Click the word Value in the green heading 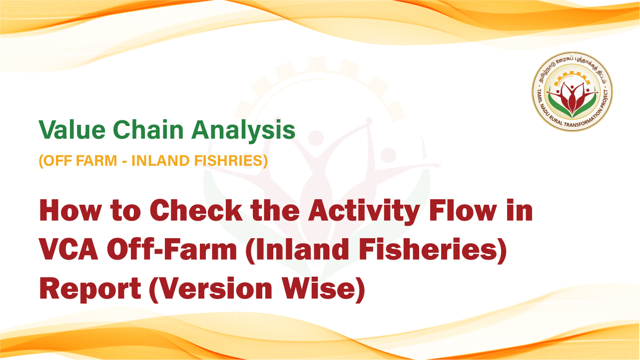(x=72, y=130)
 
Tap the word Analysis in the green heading (x=243, y=131)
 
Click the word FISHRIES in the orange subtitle (x=228, y=160)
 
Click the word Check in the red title (x=196, y=210)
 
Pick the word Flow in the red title (x=463, y=210)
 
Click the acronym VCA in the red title (x=68, y=249)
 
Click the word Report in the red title (x=90, y=289)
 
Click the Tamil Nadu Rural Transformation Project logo (x=572, y=92)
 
